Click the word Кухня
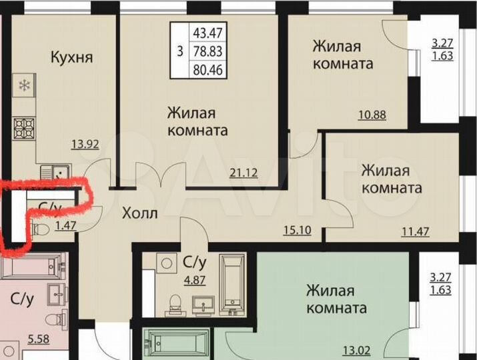pyautogui.click(x=71, y=57)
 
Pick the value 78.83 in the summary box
pyautogui.click(x=207, y=51)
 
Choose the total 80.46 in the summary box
pyautogui.click(x=207, y=68)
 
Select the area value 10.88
pyautogui.click(x=373, y=115)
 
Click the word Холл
pyautogui.click(x=139, y=214)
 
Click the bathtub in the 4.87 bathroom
pyautogui.click(x=233, y=284)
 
